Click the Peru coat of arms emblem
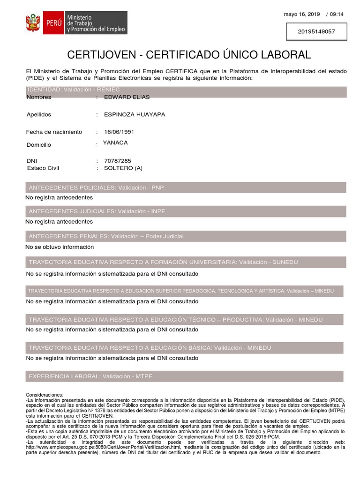click(33, 23)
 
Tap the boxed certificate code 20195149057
click(316, 32)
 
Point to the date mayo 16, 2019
click(302, 14)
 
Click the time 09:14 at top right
click(337, 14)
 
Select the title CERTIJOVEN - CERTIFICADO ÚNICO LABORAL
click(189, 55)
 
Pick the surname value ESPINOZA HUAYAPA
click(135, 114)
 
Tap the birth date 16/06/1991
click(119, 132)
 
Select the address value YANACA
click(115, 142)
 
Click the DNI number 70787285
click(118, 161)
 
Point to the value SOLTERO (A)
click(123, 168)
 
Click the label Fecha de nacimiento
click(54, 132)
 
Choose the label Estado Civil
click(43, 168)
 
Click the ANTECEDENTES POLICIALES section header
click(96, 187)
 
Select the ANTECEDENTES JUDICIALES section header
click(97, 211)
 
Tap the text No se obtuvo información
click(60, 247)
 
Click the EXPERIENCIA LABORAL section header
click(90, 376)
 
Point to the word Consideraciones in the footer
click(44, 395)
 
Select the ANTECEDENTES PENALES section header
click(106, 236)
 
